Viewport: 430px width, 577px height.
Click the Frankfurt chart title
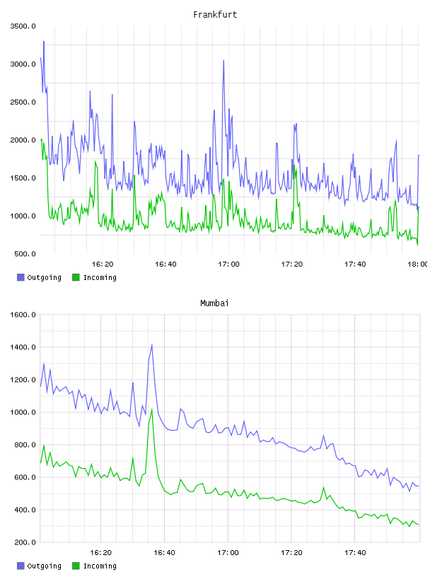point(215,15)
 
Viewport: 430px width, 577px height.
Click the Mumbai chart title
point(214,303)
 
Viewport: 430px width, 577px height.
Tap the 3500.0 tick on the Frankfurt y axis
point(23,26)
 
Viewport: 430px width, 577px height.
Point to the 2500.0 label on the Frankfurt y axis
point(23,102)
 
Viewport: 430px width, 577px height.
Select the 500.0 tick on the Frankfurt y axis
point(25,254)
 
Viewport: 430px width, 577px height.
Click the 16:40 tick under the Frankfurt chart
point(165,264)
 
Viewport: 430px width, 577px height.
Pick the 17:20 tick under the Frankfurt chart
point(292,264)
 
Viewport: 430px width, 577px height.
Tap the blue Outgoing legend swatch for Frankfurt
point(21,277)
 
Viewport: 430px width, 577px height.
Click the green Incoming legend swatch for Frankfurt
point(76,277)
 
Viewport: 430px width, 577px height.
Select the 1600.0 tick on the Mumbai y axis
point(23,315)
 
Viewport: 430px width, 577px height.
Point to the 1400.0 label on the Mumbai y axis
point(23,347)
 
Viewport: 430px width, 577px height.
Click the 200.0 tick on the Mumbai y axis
point(25,542)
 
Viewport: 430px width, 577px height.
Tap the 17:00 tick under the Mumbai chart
point(228,553)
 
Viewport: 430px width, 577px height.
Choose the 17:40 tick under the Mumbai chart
point(355,553)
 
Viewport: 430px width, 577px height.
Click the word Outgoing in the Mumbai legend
point(44,566)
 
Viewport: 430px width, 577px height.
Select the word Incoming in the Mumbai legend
point(100,566)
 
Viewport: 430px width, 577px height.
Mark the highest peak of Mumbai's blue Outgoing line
point(151,345)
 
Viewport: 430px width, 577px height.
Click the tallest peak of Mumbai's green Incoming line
point(151,409)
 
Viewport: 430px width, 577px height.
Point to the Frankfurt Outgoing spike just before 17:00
point(223,61)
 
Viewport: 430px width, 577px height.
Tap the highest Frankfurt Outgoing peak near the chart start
point(44,42)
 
